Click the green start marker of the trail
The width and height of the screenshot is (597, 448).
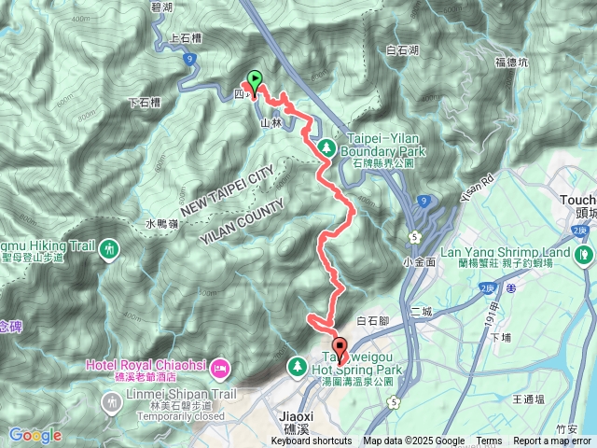coord(253,81)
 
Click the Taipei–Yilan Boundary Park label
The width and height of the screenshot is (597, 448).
coord(382,144)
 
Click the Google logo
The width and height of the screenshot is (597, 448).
coord(35,435)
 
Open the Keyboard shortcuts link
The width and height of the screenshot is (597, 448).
coord(312,441)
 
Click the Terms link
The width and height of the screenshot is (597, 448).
coord(489,441)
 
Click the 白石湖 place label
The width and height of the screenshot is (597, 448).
coord(402,49)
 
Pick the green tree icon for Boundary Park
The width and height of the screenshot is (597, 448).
coord(326,147)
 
